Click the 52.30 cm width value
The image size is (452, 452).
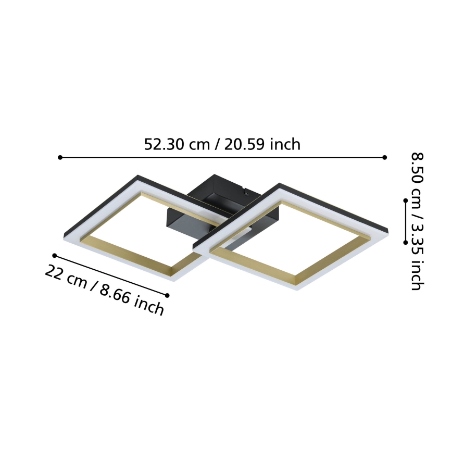pos(177,144)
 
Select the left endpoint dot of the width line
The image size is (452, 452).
pos(60,157)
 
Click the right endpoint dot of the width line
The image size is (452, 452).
pos(385,157)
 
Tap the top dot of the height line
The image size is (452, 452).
pos(406,199)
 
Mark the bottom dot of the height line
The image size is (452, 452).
pos(406,242)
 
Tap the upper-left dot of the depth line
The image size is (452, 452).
pos(54,255)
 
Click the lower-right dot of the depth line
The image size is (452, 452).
pos(167,295)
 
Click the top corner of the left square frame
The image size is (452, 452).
pos(138,176)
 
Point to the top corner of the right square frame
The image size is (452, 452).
pos(279,184)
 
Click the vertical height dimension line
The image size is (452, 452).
pos(406,221)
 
